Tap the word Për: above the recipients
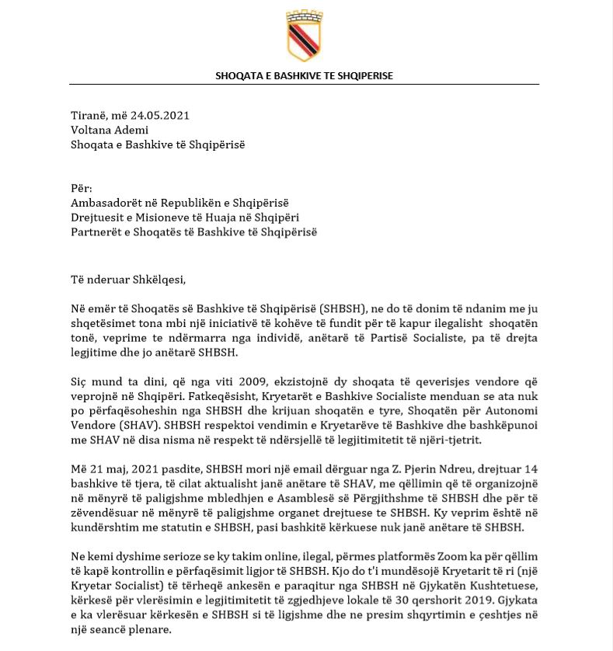(81, 188)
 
